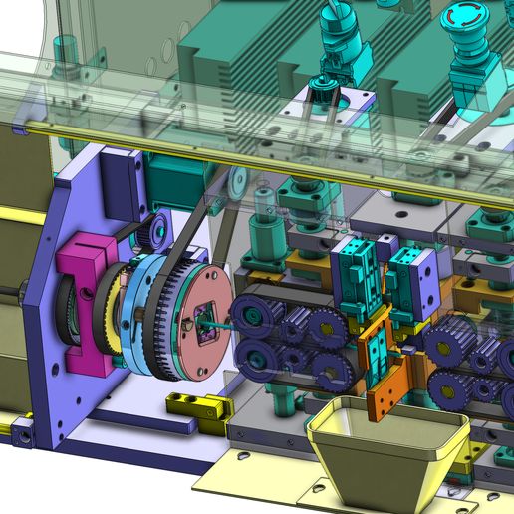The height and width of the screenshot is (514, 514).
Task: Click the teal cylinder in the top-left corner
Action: point(64,48)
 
